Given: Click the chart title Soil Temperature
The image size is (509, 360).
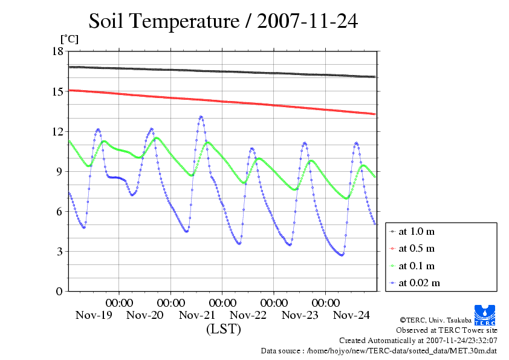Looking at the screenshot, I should pos(223,21).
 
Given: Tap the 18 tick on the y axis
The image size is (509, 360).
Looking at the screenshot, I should pos(57,51).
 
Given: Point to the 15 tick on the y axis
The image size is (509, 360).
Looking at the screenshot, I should pos(57,91).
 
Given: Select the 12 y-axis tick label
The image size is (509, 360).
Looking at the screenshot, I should pos(57,131).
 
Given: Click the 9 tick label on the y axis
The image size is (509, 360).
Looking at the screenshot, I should pos(59,171).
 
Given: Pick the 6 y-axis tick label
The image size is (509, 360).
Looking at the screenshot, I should pos(59,211).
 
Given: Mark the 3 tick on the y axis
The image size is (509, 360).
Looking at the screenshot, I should pos(59,251).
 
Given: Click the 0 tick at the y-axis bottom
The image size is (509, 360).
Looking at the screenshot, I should pos(59,291).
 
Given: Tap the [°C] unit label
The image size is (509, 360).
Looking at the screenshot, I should pos(68,39).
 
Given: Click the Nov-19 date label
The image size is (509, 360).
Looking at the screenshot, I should pos(94,315).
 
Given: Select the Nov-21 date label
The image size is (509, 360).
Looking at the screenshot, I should pos(197,315).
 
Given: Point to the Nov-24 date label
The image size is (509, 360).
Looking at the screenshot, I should pos(352,315).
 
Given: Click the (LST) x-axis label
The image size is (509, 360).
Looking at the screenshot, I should pos(224,330).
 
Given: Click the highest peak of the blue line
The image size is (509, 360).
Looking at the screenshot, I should pos(201,117).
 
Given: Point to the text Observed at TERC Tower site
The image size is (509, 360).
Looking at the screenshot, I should pos(447,330).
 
